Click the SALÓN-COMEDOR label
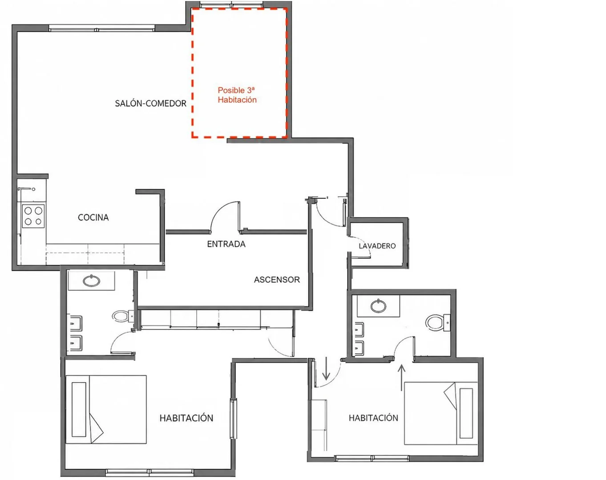[151, 104]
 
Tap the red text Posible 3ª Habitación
[237, 95]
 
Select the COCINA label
[93, 217]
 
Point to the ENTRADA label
[226, 244]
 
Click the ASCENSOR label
[277, 280]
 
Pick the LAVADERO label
[377, 246]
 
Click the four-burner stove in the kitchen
[33, 216]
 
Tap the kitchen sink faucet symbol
[26, 189]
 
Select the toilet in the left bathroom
[124, 316]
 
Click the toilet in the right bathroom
[438, 322]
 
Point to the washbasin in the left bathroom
[92, 281]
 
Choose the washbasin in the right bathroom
[378, 306]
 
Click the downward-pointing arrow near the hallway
[326, 368]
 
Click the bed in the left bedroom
[106, 409]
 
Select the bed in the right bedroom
[441, 413]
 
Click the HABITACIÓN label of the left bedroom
[186, 418]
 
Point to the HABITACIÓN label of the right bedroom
[373, 418]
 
